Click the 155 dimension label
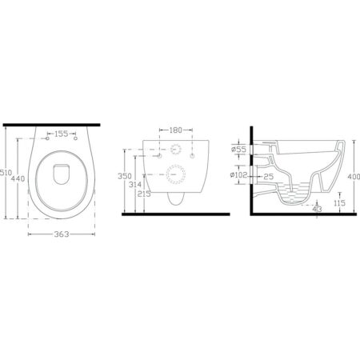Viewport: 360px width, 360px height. (62, 134)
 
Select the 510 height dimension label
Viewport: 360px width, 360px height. (6, 173)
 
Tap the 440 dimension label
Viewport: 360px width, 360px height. (18, 178)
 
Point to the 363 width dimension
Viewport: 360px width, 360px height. (62, 234)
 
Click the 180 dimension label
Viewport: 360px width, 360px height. (176, 130)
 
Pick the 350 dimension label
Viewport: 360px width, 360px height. (125, 176)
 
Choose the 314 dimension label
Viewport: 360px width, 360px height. (135, 184)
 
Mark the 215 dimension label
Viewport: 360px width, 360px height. (144, 194)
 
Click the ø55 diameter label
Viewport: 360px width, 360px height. (238, 150)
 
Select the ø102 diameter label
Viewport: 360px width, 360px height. (239, 175)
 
